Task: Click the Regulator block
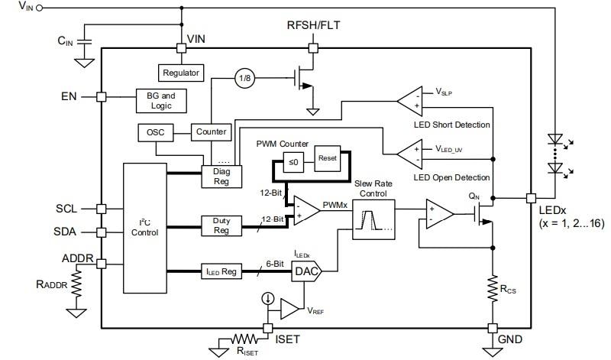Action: pos(181,73)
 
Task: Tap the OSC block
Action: pos(155,132)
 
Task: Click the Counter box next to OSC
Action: pos(211,131)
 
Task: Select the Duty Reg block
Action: pos(221,225)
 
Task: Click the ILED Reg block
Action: pos(221,270)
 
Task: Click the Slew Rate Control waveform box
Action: pos(373,221)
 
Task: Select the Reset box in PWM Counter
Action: pos(327,159)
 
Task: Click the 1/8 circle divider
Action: pos(245,77)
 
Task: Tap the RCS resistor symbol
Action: pos(492,287)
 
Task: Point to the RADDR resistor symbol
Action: pos(75,287)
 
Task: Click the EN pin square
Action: pos(101,97)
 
